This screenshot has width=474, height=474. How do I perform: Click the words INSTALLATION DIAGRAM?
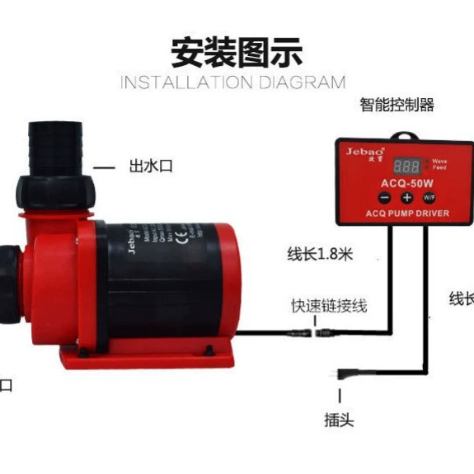pyautogui.click(x=233, y=82)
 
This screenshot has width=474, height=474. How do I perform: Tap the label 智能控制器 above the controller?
pyautogui.click(x=397, y=106)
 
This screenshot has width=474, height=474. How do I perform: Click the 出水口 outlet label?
pyautogui.click(x=150, y=167)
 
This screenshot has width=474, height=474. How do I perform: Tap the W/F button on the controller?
pyautogui.click(x=429, y=198)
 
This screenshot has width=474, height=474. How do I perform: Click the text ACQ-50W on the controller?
pyautogui.click(x=404, y=182)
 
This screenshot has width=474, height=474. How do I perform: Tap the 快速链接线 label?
pyautogui.click(x=328, y=307)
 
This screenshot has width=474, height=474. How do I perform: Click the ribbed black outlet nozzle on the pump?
pyautogui.click(x=54, y=141)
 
